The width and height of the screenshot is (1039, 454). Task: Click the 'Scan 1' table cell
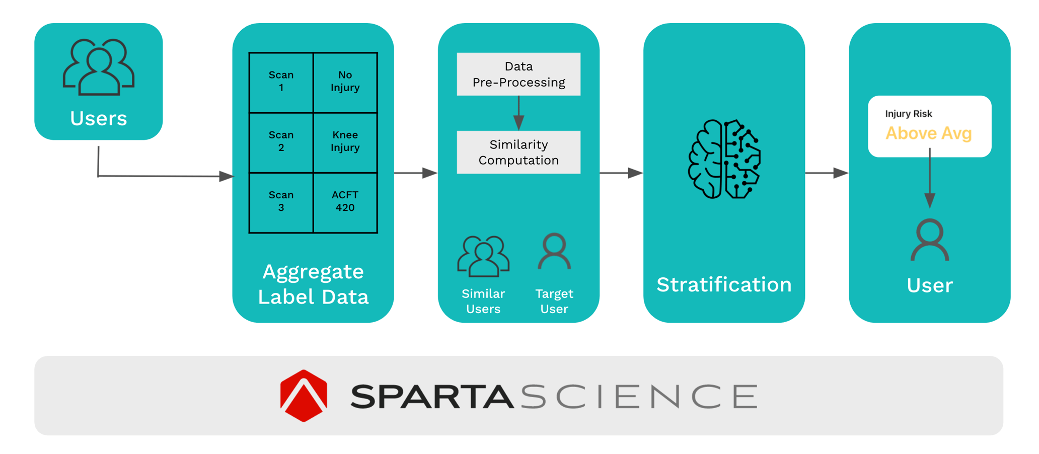(281, 82)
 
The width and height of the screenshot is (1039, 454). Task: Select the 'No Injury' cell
(345, 82)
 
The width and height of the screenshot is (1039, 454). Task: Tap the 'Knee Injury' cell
(345, 141)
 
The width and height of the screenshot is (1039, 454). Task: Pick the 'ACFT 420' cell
(345, 201)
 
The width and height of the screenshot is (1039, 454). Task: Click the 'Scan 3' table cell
(281, 201)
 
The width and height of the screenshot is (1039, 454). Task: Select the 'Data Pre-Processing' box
(518, 74)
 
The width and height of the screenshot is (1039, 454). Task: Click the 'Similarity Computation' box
(518, 152)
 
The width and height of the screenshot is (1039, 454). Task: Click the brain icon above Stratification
(724, 159)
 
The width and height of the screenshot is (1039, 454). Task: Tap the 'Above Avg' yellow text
(928, 133)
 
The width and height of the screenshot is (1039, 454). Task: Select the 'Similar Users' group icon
(483, 256)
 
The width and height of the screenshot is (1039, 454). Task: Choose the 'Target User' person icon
(554, 251)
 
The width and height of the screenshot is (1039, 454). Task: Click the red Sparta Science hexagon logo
(304, 396)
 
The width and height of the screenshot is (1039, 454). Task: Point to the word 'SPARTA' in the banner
(432, 397)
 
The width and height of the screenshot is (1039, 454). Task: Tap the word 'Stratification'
(724, 285)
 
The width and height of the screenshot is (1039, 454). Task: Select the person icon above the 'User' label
(930, 240)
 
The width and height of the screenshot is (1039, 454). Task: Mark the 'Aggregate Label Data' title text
(313, 284)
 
